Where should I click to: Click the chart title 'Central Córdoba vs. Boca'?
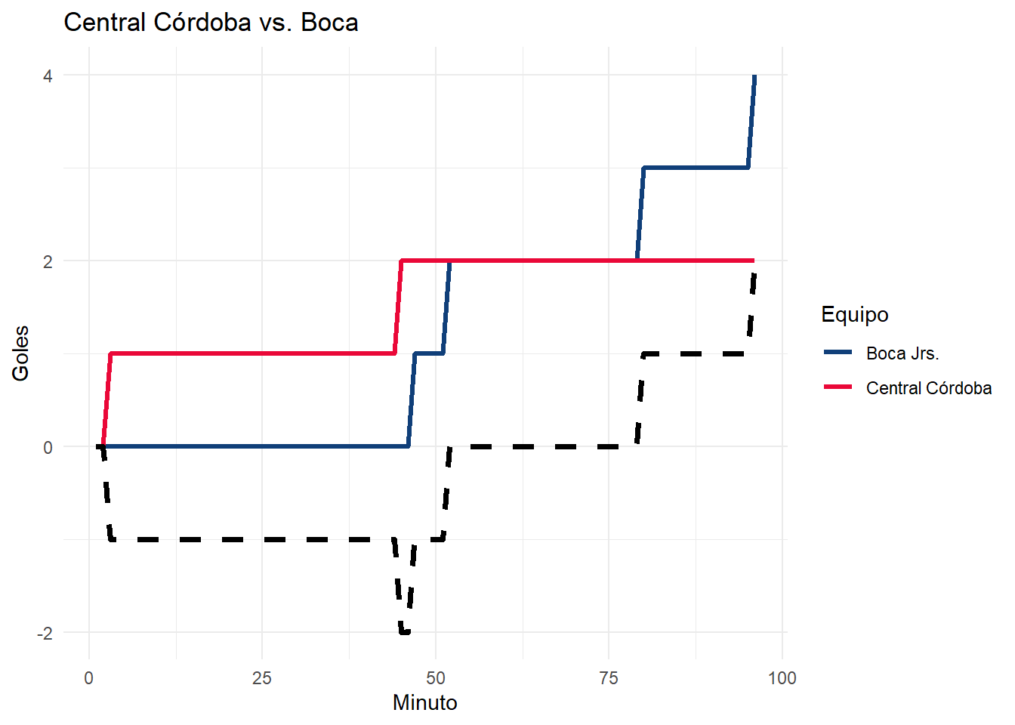pos(211,23)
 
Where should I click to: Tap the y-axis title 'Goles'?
pos(20,353)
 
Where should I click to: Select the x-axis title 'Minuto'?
pos(424,702)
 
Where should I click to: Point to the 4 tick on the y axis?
pos(48,76)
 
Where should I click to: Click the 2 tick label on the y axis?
pos(48,261)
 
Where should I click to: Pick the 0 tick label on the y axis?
pos(48,447)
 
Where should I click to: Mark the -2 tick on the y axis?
pos(45,633)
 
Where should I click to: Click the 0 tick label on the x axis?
pos(89,677)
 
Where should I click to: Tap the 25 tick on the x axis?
pos(262,677)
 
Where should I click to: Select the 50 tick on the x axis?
pos(436,677)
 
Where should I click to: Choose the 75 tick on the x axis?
pos(609,677)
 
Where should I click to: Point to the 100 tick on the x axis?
pos(782,677)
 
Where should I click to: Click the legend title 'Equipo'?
pos(854,314)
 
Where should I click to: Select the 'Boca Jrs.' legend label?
pos(902,353)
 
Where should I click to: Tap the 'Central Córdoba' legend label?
pos(928,388)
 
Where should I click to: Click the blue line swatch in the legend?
pos(838,353)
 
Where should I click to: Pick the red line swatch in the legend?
pos(838,387)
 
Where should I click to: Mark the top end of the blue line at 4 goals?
pos(754,76)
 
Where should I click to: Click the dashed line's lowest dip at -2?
pos(405,632)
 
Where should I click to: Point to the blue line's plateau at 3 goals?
pos(695,168)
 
